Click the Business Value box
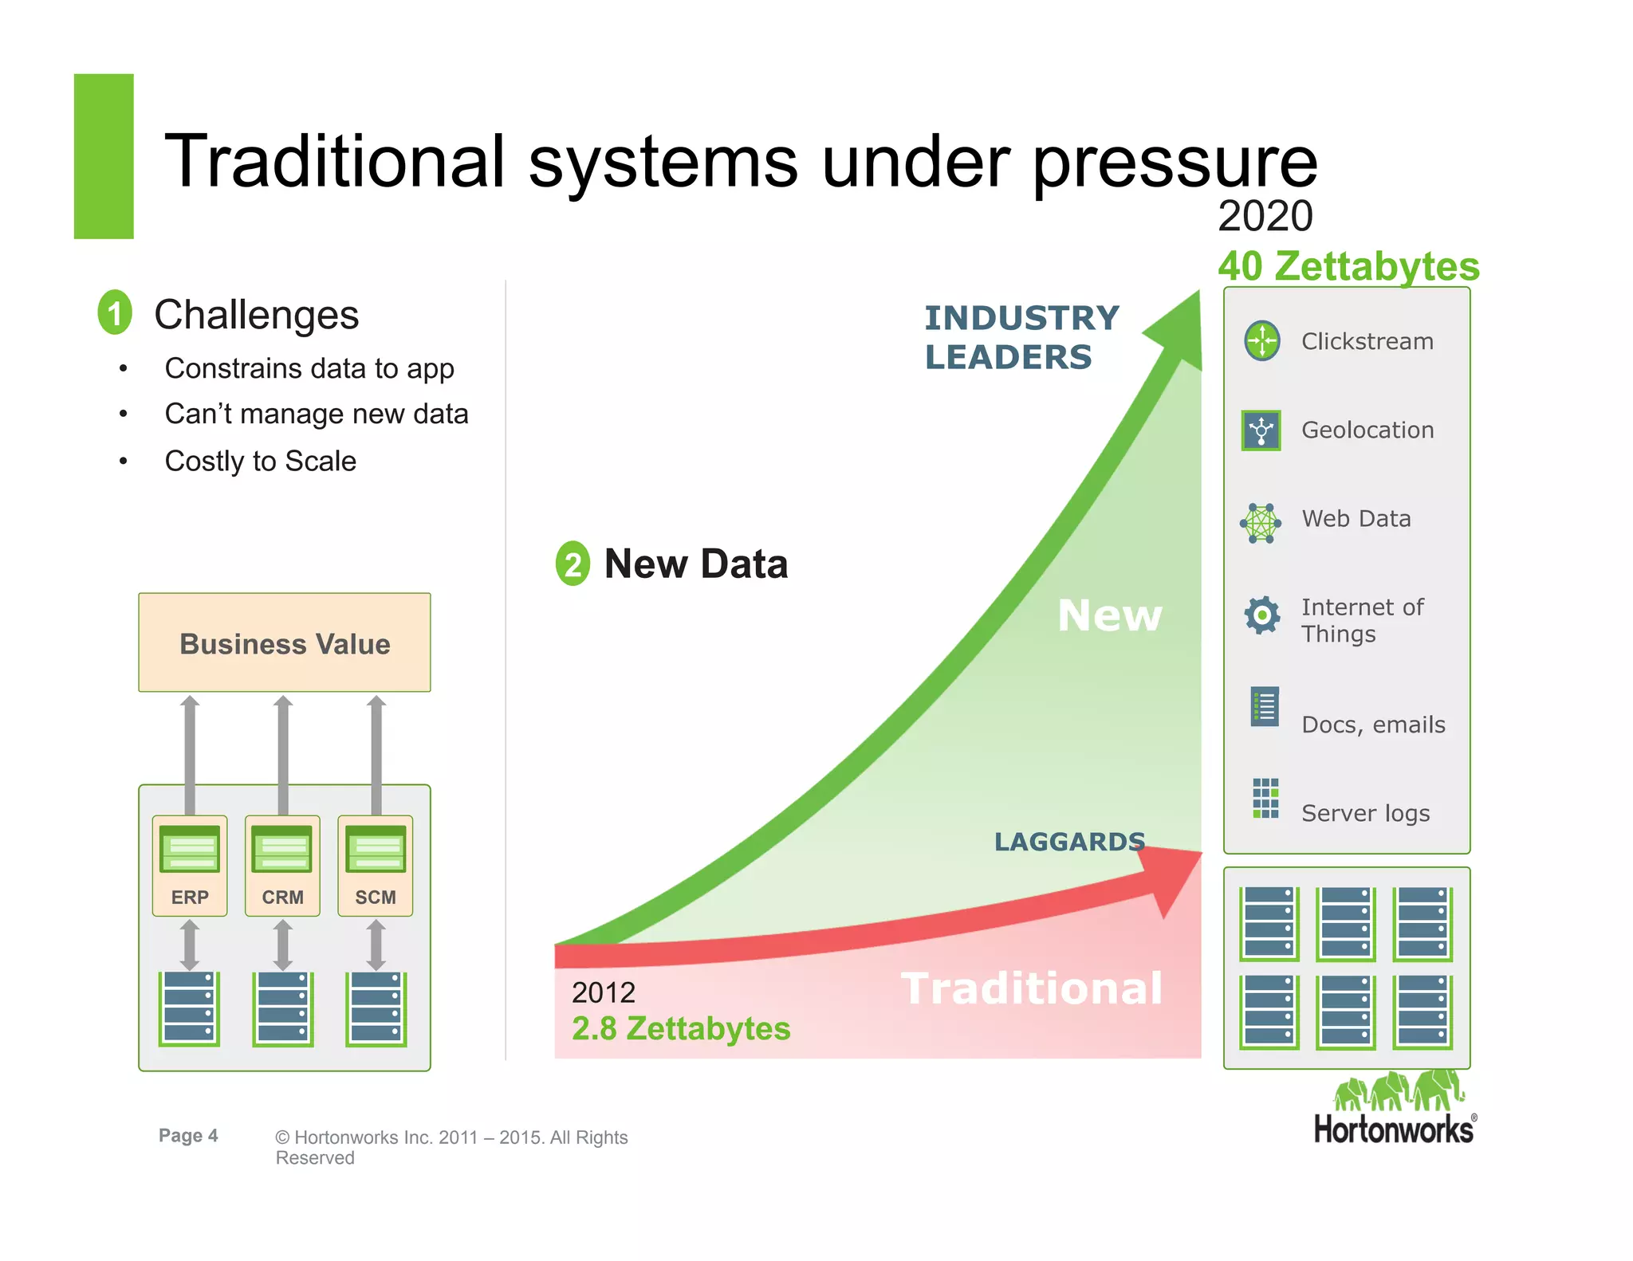coord(285,642)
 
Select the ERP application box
coord(190,865)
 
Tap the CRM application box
coord(282,865)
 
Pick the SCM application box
coord(376,865)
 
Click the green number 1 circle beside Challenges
coord(115,312)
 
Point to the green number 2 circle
coord(573,564)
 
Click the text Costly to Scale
coord(260,461)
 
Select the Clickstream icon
coord(1262,341)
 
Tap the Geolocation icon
coord(1261,430)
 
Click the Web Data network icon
coord(1261,523)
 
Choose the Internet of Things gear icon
coord(1262,615)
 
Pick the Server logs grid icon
coord(1265,798)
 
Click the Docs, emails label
coord(1373,725)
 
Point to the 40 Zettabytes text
coord(1348,266)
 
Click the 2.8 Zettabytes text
coord(681,1028)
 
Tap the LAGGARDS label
coord(1069,842)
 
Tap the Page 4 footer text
coord(188,1135)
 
